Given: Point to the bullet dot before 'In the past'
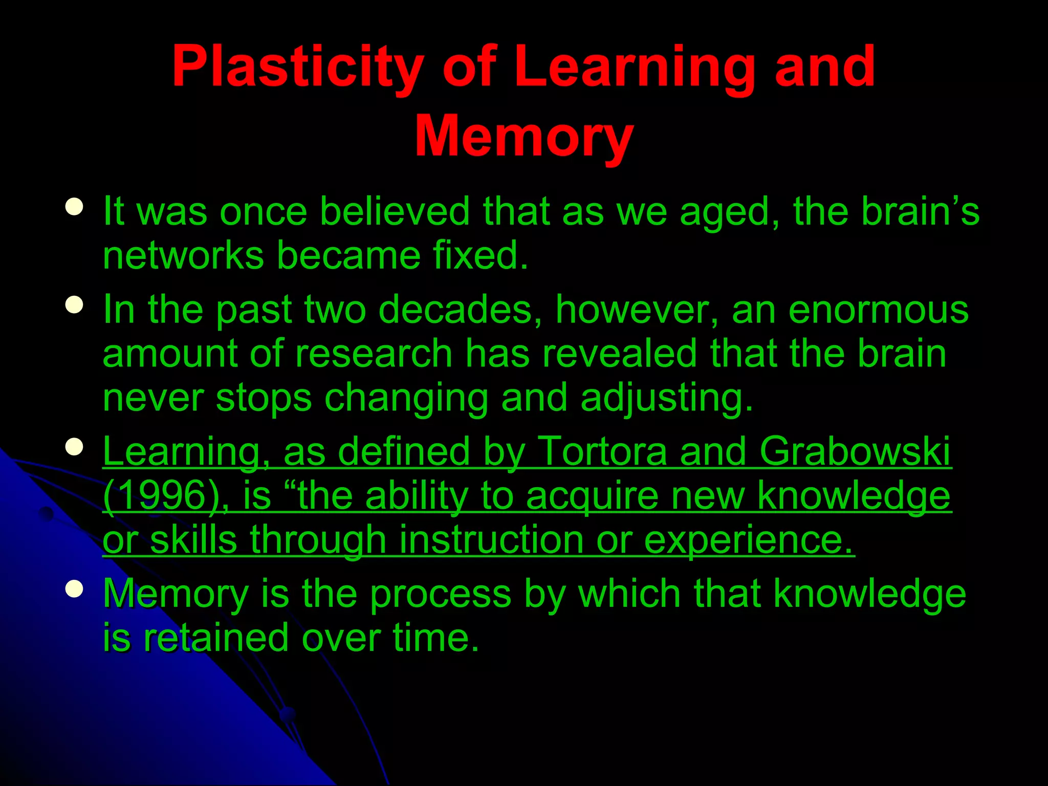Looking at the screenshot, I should pyautogui.click(x=75, y=305).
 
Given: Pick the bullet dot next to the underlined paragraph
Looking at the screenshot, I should pyautogui.click(x=75, y=447).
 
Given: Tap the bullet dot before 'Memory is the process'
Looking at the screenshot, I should pyautogui.click(x=75, y=589).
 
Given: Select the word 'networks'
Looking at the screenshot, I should pyautogui.click(x=183, y=255).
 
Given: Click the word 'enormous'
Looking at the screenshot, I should pyautogui.click(x=878, y=310).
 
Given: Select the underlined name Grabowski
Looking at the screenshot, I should pyautogui.click(x=855, y=451).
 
